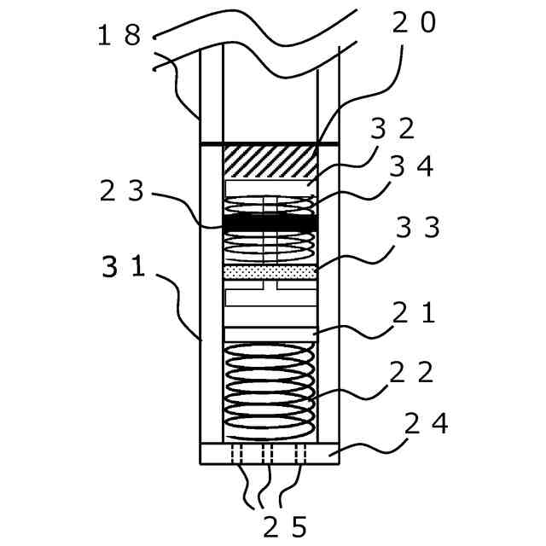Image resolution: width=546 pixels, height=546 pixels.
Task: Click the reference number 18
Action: coord(119,36)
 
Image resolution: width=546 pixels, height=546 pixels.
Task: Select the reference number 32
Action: coord(392,129)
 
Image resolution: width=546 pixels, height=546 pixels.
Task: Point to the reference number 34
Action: coord(412,166)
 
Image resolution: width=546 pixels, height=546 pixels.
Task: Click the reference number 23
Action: coord(121,191)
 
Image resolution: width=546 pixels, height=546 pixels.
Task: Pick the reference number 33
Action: coord(418,228)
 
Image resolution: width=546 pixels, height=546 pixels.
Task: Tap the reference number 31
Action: coord(124,267)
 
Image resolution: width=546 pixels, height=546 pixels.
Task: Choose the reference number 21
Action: coord(414,313)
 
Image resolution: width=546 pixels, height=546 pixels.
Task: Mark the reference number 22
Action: coord(411,372)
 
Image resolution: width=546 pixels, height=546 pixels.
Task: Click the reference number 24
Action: coord(427,423)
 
